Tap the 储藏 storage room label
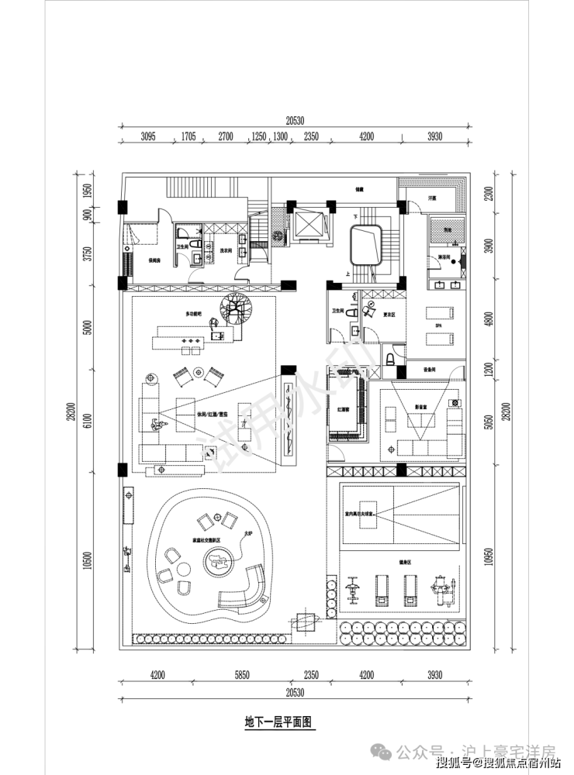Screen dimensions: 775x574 pos(359,188)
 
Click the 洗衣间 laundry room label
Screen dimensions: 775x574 pos(226,250)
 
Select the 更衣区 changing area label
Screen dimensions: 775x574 pos(389,314)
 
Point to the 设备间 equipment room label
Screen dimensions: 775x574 pos(428,370)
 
